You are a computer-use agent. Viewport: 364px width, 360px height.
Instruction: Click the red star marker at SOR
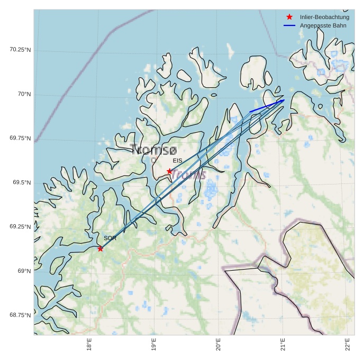(x=100, y=248)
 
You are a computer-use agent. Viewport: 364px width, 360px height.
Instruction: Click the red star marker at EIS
(x=169, y=171)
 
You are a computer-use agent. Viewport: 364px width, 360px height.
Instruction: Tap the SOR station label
(x=110, y=238)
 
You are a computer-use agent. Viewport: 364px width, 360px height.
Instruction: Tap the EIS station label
(x=177, y=161)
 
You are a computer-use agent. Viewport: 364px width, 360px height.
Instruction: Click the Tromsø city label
(x=154, y=150)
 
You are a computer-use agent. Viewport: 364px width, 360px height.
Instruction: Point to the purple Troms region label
(x=188, y=174)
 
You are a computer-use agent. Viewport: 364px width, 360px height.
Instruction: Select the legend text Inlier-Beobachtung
(x=324, y=17)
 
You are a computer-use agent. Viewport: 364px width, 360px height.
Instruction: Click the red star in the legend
(x=289, y=17)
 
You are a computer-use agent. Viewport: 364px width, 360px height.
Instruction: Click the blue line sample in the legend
(x=289, y=25)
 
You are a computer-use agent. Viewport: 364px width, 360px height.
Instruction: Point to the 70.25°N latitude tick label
(x=21, y=50)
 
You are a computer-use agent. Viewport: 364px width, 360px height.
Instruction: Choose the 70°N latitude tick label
(x=24, y=94)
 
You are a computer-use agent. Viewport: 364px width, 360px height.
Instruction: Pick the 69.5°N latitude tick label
(x=22, y=182)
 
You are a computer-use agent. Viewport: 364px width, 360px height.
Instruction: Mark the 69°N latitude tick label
(x=24, y=271)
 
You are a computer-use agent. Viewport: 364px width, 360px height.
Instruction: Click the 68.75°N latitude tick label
(x=21, y=315)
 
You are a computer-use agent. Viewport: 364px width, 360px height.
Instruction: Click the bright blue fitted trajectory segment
(x=267, y=106)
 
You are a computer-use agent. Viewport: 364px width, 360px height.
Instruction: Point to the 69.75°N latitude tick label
(x=21, y=139)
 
